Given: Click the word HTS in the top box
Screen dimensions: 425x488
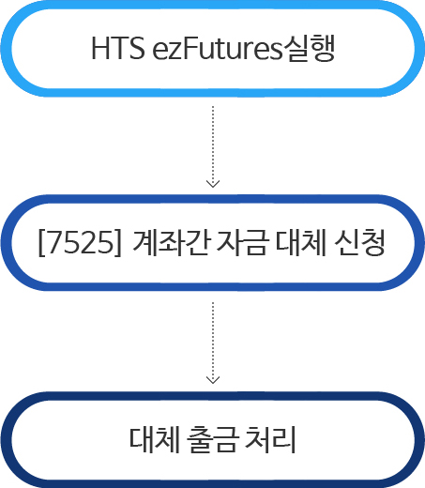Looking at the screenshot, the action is (x=118, y=48).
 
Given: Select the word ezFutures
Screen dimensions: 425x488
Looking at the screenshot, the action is (x=217, y=48).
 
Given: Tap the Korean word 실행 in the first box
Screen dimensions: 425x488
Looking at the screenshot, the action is (x=309, y=48).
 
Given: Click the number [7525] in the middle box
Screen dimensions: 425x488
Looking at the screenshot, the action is (x=80, y=243).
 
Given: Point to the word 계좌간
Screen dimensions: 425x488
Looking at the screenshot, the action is (x=171, y=243).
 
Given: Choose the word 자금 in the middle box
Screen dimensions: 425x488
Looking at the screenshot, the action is (x=242, y=243).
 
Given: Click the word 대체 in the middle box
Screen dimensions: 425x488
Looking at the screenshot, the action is (x=301, y=243).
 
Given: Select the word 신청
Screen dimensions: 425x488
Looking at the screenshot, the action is (x=359, y=243).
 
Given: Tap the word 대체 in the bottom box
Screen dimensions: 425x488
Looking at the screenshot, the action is (x=155, y=439).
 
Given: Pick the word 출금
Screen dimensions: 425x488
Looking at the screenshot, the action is (x=213, y=439).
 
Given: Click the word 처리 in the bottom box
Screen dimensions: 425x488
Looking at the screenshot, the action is (x=270, y=439).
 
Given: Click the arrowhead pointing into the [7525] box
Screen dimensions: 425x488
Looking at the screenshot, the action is (x=213, y=184).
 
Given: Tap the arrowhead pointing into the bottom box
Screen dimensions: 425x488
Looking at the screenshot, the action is (x=213, y=380).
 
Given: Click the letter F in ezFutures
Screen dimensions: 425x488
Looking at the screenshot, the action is (x=190, y=48).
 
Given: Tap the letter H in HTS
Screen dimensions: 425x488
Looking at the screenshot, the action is (x=100, y=48).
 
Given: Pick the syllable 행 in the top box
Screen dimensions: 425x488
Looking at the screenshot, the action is (x=323, y=48).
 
